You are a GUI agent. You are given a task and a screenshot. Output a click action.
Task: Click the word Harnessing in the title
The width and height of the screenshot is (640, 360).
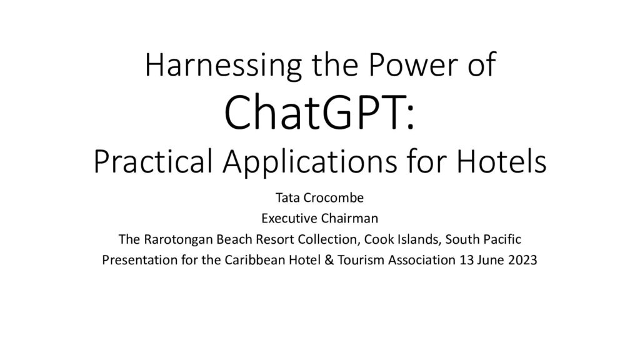(223, 65)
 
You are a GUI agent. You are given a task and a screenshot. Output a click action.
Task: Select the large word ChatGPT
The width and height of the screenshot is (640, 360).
(314, 112)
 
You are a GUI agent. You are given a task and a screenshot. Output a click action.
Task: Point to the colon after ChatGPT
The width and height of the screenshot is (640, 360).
(411, 119)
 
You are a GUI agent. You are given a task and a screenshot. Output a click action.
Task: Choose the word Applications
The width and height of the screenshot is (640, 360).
(310, 162)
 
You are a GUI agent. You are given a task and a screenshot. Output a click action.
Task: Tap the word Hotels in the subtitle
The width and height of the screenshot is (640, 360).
(501, 161)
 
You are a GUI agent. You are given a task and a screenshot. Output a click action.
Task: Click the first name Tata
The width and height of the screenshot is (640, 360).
(288, 198)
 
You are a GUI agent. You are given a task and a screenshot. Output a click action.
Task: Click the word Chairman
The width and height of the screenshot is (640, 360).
(349, 218)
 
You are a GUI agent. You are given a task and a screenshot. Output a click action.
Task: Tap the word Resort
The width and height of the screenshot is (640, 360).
(276, 239)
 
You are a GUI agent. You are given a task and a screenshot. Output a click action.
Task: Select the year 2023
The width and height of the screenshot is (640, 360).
(522, 260)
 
